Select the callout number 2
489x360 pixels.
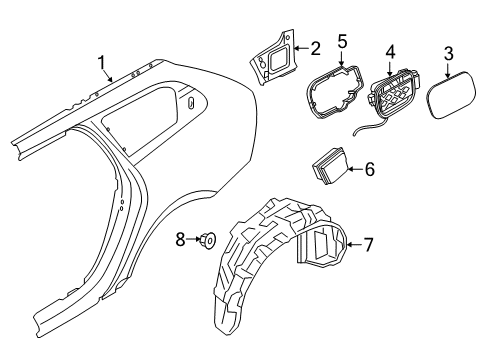click(x=316, y=47)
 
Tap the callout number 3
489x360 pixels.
click(x=449, y=52)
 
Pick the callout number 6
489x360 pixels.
click(x=369, y=170)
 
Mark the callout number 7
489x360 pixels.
click(x=369, y=243)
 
